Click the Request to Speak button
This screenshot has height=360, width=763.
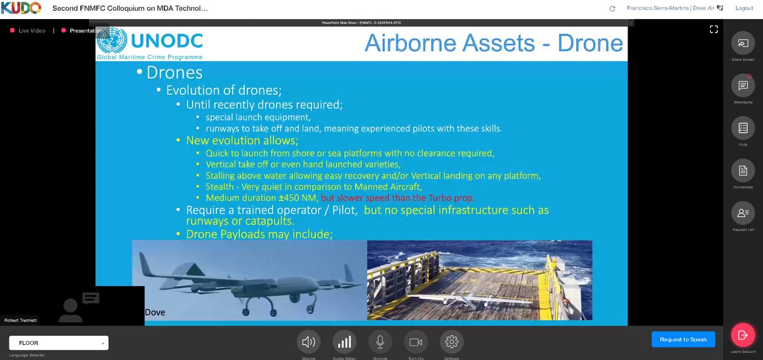coord(683,340)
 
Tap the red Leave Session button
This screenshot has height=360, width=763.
coord(741,334)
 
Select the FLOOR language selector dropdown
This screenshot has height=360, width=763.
coord(58,343)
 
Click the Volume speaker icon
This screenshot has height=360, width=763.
coord(309,342)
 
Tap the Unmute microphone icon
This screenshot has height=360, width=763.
coord(380,342)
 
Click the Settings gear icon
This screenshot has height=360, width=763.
coord(451,342)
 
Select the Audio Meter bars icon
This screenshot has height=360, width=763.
coord(345,342)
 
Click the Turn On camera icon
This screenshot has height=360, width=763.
coord(416,342)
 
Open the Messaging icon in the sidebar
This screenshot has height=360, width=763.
coord(743,85)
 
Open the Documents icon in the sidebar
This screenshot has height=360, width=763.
coord(743,170)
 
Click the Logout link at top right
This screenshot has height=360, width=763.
coord(744,8)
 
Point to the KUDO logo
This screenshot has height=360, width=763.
coord(21,8)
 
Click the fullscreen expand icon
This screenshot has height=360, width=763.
coord(713,29)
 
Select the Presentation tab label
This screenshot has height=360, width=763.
coord(86,31)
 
